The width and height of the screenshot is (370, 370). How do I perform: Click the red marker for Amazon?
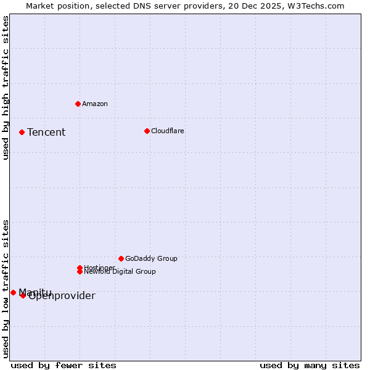(x=78, y=104)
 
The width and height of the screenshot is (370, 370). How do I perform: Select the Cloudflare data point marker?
(x=147, y=131)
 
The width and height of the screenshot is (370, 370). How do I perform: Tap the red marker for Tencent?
(x=22, y=132)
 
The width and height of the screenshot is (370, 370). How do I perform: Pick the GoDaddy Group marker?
(x=121, y=258)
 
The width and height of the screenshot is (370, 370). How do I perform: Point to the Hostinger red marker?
(x=80, y=268)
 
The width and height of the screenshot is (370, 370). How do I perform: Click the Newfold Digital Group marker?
(x=80, y=271)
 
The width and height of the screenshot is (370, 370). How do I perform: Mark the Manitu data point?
(x=13, y=292)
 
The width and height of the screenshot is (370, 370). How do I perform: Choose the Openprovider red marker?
(x=23, y=295)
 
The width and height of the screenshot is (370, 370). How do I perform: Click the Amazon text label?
(x=95, y=104)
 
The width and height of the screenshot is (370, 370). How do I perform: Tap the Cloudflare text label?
(x=168, y=131)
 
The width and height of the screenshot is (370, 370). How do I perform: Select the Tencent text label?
(x=46, y=132)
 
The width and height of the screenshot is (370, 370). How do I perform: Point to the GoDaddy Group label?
(x=151, y=258)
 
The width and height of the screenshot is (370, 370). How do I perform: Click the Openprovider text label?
(x=62, y=296)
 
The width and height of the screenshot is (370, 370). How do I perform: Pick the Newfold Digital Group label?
(x=120, y=271)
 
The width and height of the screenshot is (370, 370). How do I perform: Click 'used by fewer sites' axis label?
(x=64, y=365)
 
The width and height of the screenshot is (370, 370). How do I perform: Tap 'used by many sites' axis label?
(x=310, y=365)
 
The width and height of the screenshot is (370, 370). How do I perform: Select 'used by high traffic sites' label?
(x=6, y=88)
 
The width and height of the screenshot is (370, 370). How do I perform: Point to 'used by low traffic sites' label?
(x=6, y=289)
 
